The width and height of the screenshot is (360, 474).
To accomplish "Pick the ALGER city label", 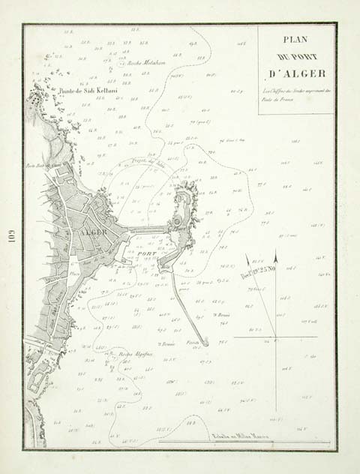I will (84, 232).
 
